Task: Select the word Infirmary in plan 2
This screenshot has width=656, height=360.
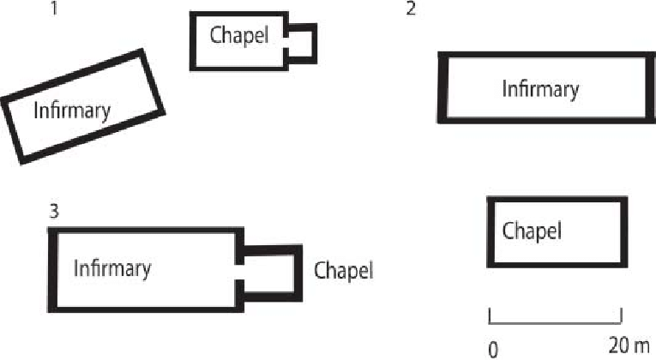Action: tap(540, 88)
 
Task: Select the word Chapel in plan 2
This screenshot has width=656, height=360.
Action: tap(532, 231)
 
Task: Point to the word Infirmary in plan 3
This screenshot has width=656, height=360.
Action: tap(112, 268)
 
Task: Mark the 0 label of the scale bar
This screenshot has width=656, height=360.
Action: tap(493, 348)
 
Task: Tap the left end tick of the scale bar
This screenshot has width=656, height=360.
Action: tap(490, 316)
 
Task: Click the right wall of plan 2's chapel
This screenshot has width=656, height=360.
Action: tap(623, 232)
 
